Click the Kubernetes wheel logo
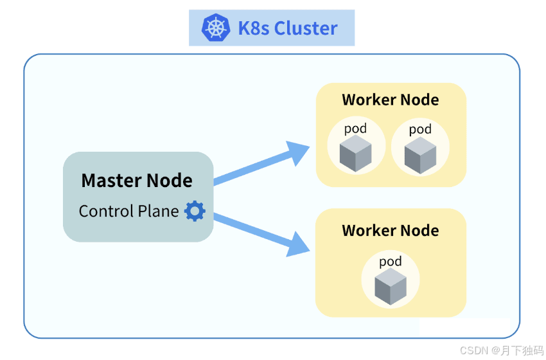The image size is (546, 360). (216, 28)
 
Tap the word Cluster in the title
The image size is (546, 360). (306, 28)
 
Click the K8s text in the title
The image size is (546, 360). (254, 28)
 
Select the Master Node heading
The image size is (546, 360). (137, 180)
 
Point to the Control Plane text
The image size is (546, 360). (129, 211)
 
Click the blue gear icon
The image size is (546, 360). (195, 211)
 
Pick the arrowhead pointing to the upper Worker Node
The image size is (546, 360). (297, 152)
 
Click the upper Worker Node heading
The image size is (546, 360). (391, 100)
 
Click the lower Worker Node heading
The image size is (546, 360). (391, 230)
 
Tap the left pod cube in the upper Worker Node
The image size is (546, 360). (355, 154)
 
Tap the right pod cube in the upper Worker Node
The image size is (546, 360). (420, 155)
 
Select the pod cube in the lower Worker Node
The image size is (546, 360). (391, 286)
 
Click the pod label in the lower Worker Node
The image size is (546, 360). (391, 262)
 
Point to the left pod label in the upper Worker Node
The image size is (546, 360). (355, 129)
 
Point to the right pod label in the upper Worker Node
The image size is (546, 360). (420, 129)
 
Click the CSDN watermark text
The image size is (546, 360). (502, 350)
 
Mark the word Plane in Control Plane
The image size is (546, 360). (159, 211)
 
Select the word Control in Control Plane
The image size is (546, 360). (107, 211)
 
